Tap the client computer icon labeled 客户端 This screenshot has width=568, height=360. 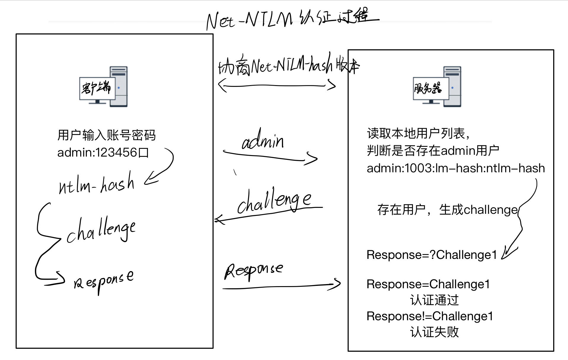103,87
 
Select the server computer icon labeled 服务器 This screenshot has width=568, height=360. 437,87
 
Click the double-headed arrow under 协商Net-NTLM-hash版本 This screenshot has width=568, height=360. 277,86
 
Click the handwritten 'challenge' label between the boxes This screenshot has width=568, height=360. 274,201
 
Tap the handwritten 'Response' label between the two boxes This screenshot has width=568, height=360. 253,270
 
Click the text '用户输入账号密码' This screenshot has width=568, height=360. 106,135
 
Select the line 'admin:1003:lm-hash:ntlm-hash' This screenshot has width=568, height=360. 456,168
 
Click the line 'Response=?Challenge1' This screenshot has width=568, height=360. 431,255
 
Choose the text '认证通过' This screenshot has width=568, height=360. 434,300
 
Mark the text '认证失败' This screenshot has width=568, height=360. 434,332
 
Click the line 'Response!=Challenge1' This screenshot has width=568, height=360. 430,316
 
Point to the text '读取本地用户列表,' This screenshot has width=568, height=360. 418,134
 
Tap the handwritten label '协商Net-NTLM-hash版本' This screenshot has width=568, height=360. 289,66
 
